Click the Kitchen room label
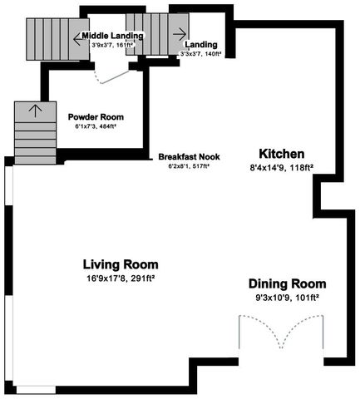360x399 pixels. (282, 154)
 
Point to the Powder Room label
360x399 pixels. (95, 116)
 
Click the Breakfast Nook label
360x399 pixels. (188, 156)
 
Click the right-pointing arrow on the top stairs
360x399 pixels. (178, 34)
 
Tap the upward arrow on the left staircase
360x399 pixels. (34, 108)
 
